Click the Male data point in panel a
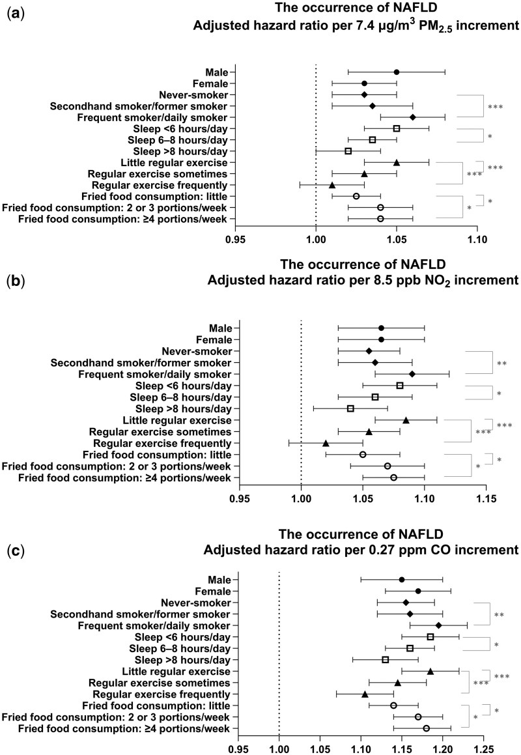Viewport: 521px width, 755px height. (x=396, y=72)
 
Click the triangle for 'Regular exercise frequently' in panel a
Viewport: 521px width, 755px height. (x=331, y=185)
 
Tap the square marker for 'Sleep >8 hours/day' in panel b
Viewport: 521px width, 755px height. (x=350, y=408)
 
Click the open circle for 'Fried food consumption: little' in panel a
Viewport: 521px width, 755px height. (x=356, y=196)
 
